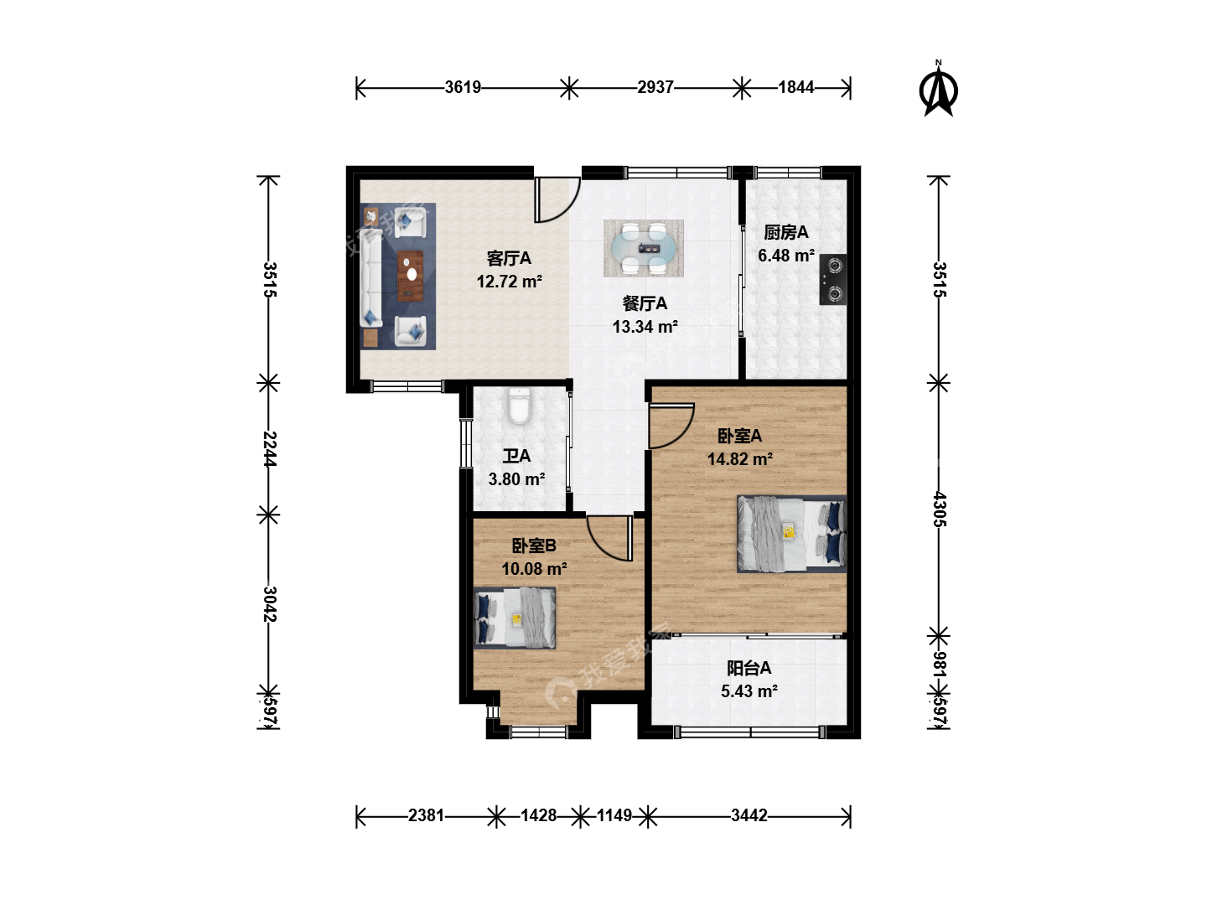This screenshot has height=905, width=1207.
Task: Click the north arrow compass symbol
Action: (938, 90)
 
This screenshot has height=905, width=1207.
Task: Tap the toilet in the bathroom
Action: (519, 406)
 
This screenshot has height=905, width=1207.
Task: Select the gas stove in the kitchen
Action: (832, 280)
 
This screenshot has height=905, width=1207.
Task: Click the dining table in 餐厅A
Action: (644, 248)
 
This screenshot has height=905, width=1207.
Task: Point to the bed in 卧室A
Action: (791, 534)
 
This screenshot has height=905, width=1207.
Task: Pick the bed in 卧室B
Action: (514, 618)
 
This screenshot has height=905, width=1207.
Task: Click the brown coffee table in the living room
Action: (410, 276)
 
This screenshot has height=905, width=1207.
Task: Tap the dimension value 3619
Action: (463, 87)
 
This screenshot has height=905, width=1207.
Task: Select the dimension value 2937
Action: (655, 87)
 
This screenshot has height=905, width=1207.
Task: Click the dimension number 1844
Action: (795, 87)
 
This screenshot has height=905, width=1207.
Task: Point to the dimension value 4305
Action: (940, 509)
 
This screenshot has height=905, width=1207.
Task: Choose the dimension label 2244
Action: (269, 449)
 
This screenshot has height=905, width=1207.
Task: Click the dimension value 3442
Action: (749, 815)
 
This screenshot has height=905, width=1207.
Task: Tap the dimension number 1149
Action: (614, 815)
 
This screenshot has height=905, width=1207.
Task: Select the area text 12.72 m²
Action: (509, 282)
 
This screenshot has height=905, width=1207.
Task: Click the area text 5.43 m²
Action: (749, 691)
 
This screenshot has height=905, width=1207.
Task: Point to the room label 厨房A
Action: (785, 233)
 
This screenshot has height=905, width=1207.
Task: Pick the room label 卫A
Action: (516, 456)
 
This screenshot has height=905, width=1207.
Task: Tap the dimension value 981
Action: (940, 665)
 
